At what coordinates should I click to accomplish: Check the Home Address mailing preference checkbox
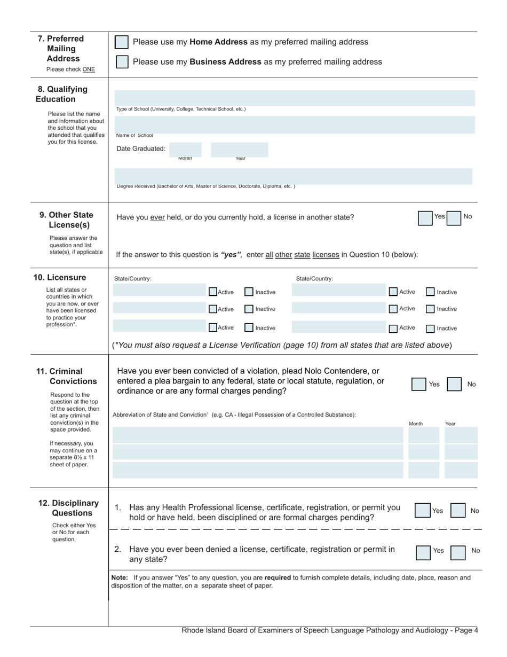point(122,42)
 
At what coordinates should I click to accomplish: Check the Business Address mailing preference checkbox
point(122,62)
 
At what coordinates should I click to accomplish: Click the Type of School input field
point(295,98)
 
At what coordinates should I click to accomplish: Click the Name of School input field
point(295,124)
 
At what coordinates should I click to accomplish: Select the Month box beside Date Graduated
point(185,149)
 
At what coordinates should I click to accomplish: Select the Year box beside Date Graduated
point(239,149)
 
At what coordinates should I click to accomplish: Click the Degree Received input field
point(294,176)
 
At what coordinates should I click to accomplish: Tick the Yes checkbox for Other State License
point(425,218)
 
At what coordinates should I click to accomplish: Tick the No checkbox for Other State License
point(453,218)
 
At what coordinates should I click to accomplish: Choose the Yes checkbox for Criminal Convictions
point(419,384)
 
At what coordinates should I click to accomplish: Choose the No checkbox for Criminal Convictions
point(454,384)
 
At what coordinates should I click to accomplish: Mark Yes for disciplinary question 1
point(423,511)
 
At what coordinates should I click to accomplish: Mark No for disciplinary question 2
point(458,552)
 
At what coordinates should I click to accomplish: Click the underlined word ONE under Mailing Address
point(89,69)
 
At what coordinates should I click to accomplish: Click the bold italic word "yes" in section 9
point(231,255)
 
